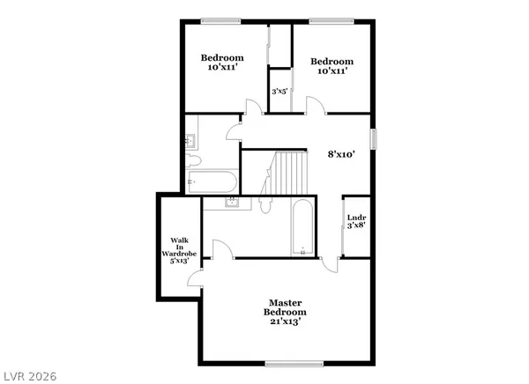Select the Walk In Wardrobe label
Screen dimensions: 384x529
click(179, 250)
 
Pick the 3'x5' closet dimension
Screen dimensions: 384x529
click(279, 91)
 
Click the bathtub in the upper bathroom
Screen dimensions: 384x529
click(212, 183)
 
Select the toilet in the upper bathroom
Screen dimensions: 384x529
click(193, 160)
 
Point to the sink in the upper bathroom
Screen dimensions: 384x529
click(190, 139)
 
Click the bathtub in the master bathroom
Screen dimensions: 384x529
click(301, 226)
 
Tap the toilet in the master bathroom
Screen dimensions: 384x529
click(265, 204)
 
